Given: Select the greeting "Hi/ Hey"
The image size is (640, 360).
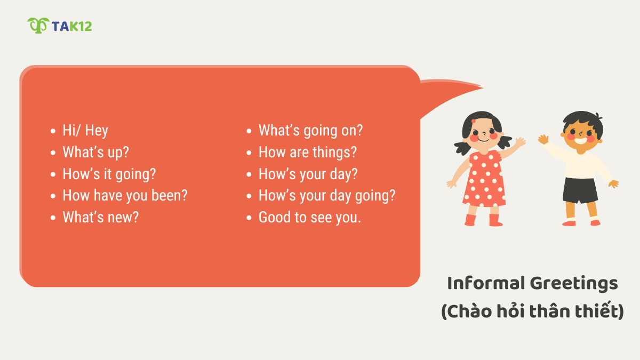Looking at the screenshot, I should coord(85,131).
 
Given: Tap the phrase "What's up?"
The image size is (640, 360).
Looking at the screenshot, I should coord(96,153).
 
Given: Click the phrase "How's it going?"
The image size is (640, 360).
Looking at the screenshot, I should coord(109,174).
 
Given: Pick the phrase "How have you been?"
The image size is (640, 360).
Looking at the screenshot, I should coord(125,196).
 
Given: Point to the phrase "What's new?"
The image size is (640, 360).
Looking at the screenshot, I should coord(101,218).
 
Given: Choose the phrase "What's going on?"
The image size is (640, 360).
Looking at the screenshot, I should coord(311,131).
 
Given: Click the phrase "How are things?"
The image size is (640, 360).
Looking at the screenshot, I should coord(308,153).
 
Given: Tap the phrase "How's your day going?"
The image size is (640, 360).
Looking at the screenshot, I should coord(327,196).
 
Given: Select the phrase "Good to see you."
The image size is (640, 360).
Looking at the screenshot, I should coord(310,218).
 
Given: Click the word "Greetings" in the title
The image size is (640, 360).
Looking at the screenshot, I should coord(574,284).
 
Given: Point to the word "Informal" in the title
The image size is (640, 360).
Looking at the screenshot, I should coord(485,283).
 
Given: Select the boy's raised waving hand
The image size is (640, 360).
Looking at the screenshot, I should coord(543,139).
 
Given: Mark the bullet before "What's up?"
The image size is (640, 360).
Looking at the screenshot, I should coord(53,153).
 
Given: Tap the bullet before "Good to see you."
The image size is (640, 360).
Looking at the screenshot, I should coord(249,218).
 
